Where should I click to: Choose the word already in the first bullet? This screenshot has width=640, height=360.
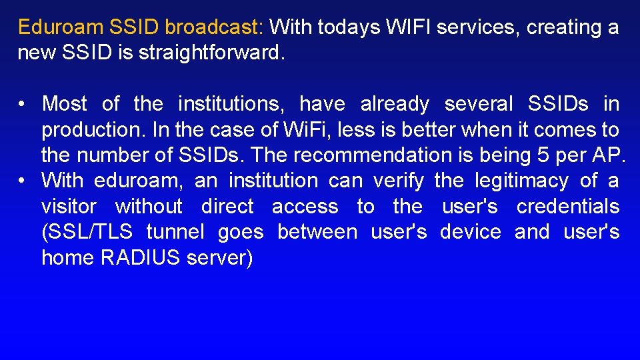tap(395, 104)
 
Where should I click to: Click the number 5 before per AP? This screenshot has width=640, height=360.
tap(543, 155)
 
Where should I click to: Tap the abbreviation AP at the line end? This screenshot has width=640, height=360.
tap(609, 155)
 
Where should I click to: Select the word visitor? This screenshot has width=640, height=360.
tap(69, 207)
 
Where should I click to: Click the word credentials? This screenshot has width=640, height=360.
tap(568, 207)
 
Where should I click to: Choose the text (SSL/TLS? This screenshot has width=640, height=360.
tap(87, 232)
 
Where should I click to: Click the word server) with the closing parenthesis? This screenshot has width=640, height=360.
tap(220, 257)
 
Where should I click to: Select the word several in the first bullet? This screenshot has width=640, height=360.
tap(479, 104)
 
